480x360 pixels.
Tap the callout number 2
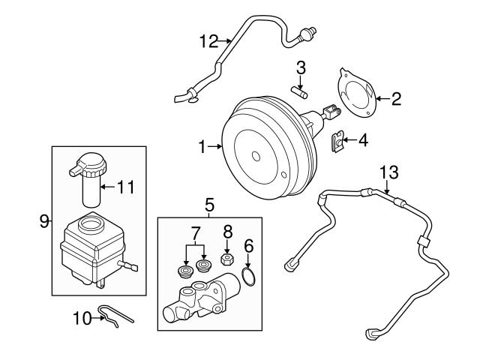click(x=396, y=98)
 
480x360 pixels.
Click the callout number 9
click(x=43, y=220)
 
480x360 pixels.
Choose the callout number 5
click(x=209, y=203)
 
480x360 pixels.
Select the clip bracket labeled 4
click(x=340, y=139)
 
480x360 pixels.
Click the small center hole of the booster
click(x=256, y=157)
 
